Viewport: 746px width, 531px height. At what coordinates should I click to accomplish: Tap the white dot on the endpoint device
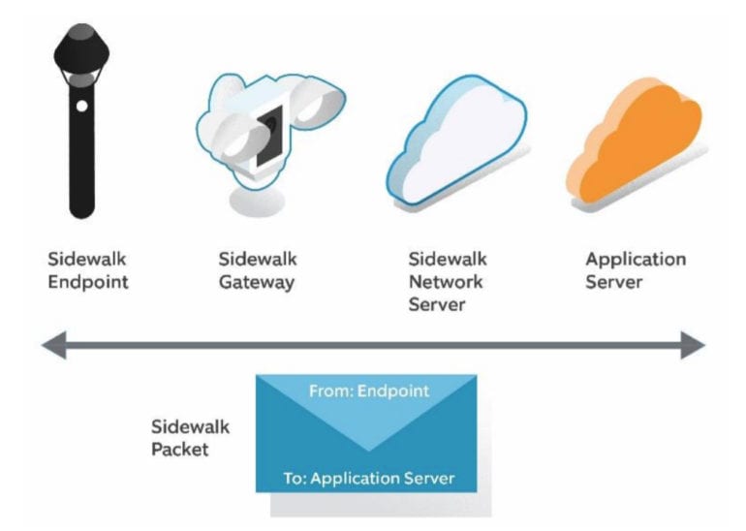(x=82, y=106)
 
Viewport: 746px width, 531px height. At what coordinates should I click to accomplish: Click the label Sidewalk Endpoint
(x=88, y=270)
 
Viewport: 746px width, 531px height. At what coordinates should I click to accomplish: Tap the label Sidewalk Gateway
(x=257, y=270)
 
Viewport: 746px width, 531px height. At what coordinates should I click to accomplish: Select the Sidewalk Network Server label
(x=447, y=281)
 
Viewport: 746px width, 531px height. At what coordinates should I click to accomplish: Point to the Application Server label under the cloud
(x=636, y=270)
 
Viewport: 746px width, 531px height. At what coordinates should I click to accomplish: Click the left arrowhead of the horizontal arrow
(x=54, y=345)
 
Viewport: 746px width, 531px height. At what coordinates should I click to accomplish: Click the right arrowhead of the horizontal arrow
(x=692, y=345)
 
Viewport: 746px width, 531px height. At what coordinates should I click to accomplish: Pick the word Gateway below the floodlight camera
(x=257, y=282)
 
